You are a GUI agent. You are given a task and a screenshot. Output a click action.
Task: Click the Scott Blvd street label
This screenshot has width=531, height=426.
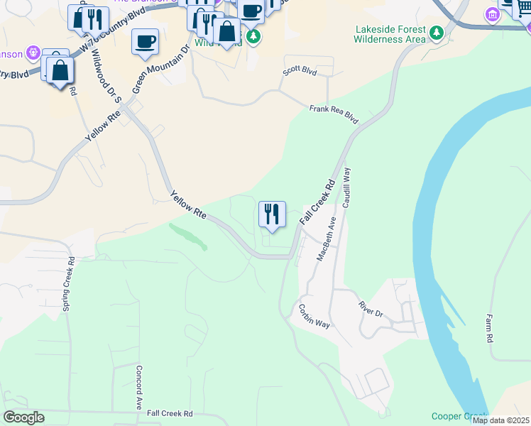(300, 71)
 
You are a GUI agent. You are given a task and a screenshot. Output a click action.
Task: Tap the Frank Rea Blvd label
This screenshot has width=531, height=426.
(334, 114)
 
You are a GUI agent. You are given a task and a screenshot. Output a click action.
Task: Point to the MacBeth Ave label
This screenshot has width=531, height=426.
(325, 242)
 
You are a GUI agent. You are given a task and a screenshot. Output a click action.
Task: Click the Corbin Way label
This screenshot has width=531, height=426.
(314, 316)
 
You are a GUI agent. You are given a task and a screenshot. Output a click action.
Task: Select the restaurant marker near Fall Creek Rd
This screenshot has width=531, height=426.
(272, 214)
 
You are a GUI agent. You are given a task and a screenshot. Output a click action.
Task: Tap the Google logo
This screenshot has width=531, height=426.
(23, 417)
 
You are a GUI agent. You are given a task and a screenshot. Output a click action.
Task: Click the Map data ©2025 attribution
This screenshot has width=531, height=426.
(500, 420)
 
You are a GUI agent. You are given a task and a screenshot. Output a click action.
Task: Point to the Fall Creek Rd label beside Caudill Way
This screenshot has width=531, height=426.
(317, 203)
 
